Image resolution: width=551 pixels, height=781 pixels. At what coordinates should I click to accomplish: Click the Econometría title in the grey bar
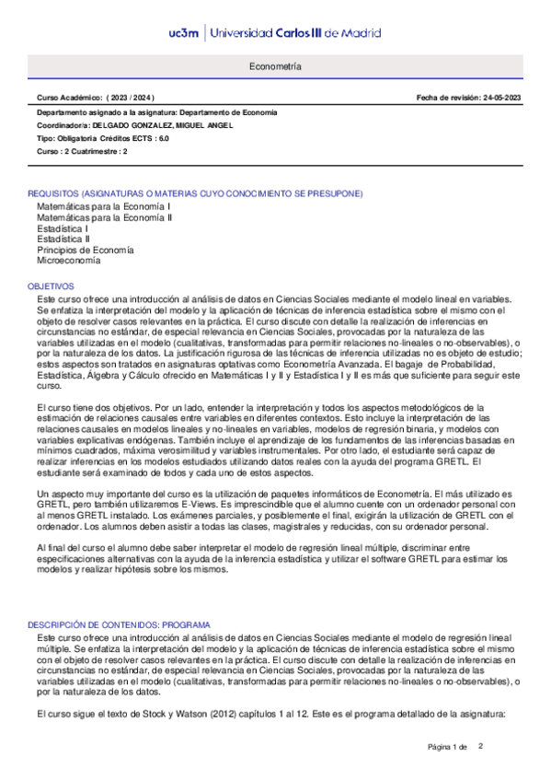point(275,68)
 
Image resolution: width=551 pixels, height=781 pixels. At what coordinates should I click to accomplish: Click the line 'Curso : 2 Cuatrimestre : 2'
point(82,151)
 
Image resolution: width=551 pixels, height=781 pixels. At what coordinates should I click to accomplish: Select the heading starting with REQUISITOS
point(195,194)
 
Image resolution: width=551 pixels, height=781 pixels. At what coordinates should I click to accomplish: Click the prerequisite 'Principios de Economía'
point(86,251)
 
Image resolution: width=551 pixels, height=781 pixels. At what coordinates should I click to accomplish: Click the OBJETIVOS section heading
point(52,287)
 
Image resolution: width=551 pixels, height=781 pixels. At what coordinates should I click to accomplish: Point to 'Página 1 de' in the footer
point(448,746)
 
